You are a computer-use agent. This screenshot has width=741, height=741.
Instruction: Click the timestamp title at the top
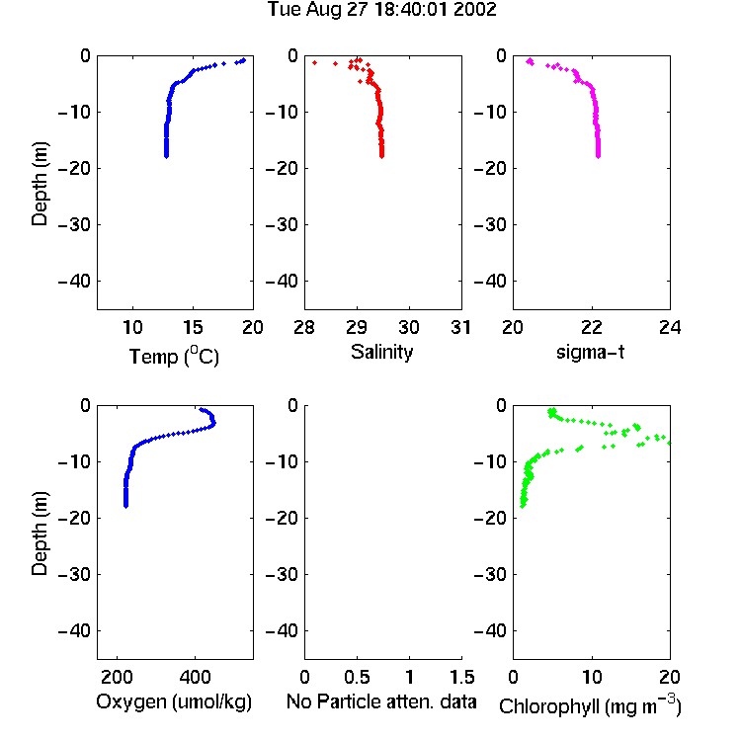coord(381,9)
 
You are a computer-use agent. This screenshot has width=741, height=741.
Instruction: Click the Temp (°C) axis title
coord(174,356)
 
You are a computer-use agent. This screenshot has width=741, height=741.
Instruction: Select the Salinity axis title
coord(381,352)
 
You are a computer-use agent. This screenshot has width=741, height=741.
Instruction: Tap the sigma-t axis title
coord(590,352)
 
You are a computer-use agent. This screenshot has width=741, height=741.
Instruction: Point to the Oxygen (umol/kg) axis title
coord(174,701)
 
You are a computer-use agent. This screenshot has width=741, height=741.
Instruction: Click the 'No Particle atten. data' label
coord(381,701)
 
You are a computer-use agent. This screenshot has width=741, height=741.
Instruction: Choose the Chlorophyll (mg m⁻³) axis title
coord(590,705)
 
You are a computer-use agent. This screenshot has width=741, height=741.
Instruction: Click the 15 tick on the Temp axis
coord(193,327)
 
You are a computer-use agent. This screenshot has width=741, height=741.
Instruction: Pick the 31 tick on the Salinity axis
coord(461,327)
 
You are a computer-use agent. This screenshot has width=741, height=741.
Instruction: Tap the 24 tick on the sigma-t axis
coord(670,327)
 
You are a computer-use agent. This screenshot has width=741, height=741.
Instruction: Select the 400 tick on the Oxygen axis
coord(195,677)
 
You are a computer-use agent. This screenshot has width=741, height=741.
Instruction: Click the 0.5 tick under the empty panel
coord(357,677)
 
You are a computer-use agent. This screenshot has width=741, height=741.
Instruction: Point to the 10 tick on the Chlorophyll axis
coord(592,677)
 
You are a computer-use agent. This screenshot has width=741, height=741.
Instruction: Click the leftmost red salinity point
coord(315,63)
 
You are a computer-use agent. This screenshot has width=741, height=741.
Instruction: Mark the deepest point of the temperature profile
coord(166,156)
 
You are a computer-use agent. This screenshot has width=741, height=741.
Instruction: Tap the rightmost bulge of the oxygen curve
coord(214,423)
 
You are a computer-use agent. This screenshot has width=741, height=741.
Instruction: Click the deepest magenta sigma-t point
coord(599,156)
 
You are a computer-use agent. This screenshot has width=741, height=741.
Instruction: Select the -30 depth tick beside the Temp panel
coord(74,224)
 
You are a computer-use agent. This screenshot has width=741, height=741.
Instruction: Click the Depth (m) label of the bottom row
coord(40,534)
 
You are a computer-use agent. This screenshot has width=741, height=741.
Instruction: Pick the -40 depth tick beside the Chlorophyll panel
coord(490,630)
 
